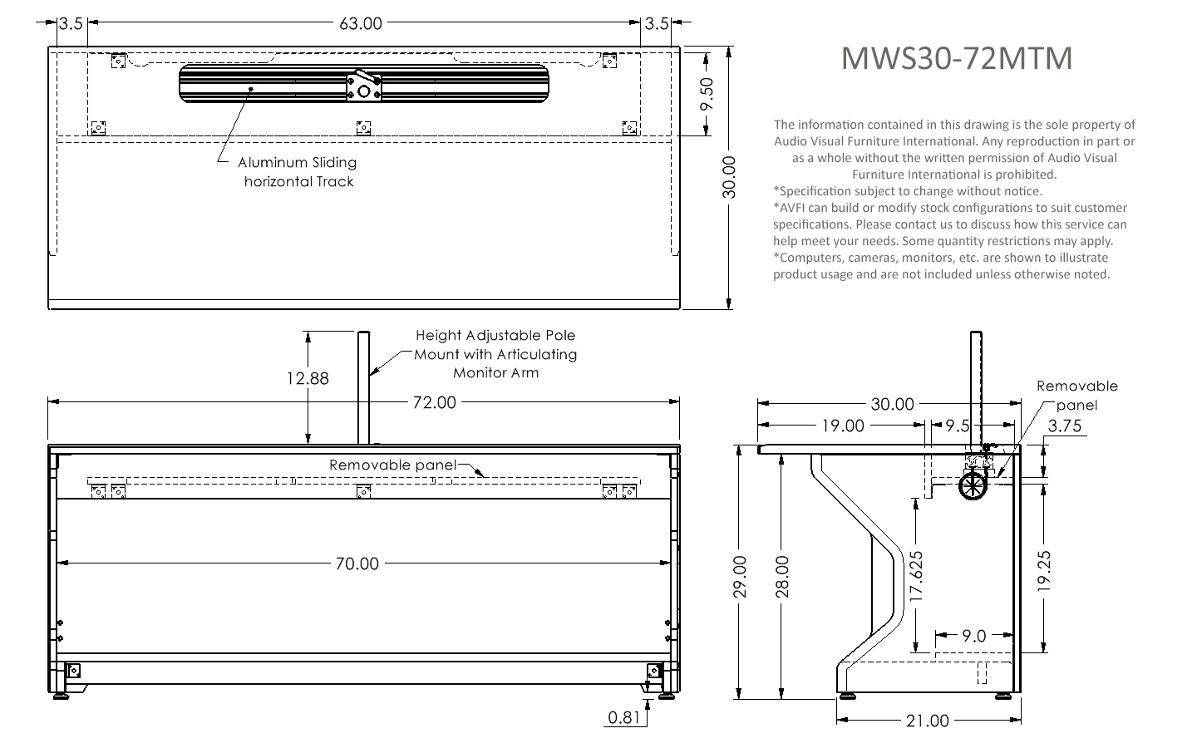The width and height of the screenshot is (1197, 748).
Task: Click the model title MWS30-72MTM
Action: (x=957, y=57)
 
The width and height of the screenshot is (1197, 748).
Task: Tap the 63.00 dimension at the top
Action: (x=361, y=23)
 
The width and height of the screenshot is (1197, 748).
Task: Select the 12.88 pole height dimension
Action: (x=308, y=378)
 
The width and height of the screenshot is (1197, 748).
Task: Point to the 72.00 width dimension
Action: (x=435, y=402)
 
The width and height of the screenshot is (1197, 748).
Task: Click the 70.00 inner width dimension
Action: (x=357, y=563)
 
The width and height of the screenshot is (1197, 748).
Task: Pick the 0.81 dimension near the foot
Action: (x=623, y=717)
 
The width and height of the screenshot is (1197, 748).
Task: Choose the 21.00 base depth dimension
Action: (x=928, y=721)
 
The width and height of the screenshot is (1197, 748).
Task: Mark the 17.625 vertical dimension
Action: (x=916, y=576)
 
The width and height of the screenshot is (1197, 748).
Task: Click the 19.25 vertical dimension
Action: (x=1044, y=571)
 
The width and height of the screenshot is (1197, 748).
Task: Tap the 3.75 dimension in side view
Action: (x=1065, y=426)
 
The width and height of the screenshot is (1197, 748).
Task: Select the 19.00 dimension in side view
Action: (x=843, y=426)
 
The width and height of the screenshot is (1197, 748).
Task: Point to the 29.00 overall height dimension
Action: (x=739, y=577)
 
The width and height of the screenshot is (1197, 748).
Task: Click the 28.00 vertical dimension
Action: (x=781, y=577)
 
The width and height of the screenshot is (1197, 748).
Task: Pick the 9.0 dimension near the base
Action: (x=973, y=636)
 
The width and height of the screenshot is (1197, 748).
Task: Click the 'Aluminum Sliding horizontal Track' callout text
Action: (x=298, y=172)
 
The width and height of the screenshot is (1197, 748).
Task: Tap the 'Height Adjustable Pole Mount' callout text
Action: (x=495, y=345)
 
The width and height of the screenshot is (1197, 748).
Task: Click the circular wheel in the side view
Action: (x=973, y=485)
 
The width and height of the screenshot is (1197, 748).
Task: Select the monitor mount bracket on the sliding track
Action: (x=364, y=86)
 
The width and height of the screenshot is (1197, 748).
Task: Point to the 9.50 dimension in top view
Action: (x=707, y=94)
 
